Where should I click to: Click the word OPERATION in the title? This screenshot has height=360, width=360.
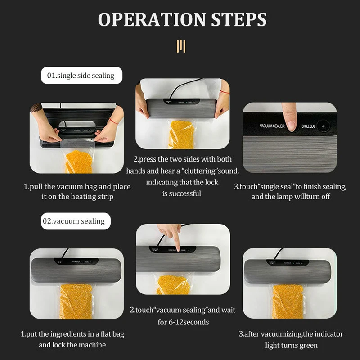tap(146, 19)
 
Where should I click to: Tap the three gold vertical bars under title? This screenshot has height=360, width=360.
tap(181, 46)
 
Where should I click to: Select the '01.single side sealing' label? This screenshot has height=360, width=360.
tap(81, 75)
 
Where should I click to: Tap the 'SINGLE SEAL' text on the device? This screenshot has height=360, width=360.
tap(309, 126)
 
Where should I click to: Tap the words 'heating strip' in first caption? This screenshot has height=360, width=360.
tap(96, 197)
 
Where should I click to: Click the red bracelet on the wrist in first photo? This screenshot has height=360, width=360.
tap(114, 121)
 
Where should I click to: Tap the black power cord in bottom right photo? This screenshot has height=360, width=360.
tap(279, 253)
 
